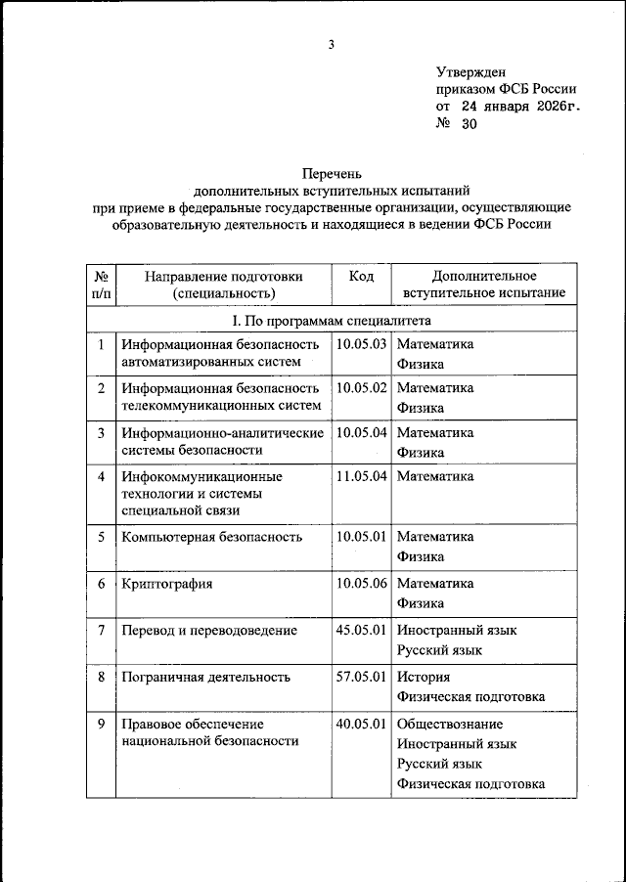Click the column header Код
[x=361, y=276]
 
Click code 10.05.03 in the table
[x=362, y=344]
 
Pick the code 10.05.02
[x=362, y=388]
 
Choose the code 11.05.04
[x=362, y=476]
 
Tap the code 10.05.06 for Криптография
[x=362, y=584]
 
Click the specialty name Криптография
[x=167, y=584]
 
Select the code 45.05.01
[x=362, y=630]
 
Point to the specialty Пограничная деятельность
[x=207, y=676]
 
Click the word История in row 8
[x=424, y=676]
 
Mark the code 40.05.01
[x=362, y=724]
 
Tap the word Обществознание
[x=450, y=724]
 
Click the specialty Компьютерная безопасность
[x=209, y=537]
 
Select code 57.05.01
[x=362, y=676]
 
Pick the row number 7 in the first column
[x=102, y=630]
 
